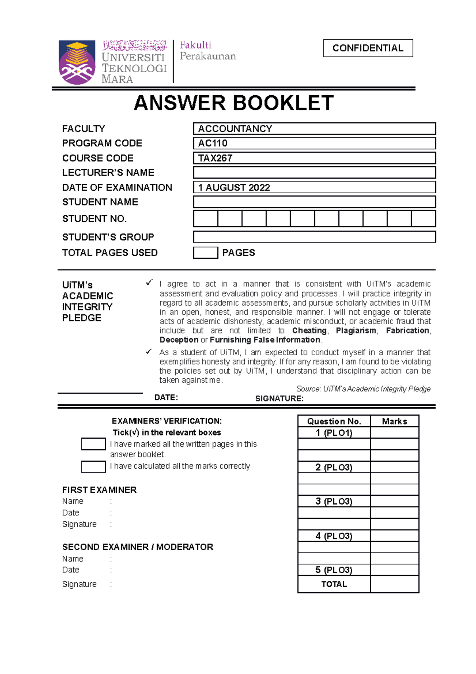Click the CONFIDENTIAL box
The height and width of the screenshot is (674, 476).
(x=368, y=48)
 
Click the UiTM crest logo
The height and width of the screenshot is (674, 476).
(x=77, y=62)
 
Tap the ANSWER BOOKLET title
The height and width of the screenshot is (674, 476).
(x=234, y=103)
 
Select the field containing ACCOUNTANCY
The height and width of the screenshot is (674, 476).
(x=314, y=129)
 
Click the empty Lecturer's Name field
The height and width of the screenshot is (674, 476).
(x=314, y=173)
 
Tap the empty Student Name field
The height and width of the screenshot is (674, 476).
(x=314, y=202)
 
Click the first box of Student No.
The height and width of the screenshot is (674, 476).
(x=205, y=219)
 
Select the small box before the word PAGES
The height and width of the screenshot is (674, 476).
(x=205, y=253)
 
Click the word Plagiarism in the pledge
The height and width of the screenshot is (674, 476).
(x=356, y=331)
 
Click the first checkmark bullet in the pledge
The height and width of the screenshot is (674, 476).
(x=149, y=283)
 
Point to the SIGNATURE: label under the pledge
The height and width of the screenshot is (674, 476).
(x=279, y=399)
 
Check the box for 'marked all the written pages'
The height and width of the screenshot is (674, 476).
(x=93, y=444)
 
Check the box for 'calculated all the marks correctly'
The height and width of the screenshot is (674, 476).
(x=93, y=467)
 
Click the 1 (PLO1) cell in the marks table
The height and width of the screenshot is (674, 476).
(x=334, y=433)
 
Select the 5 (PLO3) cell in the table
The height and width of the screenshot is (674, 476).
(x=334, y=570)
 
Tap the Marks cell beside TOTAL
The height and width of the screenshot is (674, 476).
(x=394, y=584)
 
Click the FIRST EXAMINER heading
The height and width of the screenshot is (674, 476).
(x=99, y=490)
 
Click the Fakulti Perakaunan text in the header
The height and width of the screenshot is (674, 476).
(x=207, y=50)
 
